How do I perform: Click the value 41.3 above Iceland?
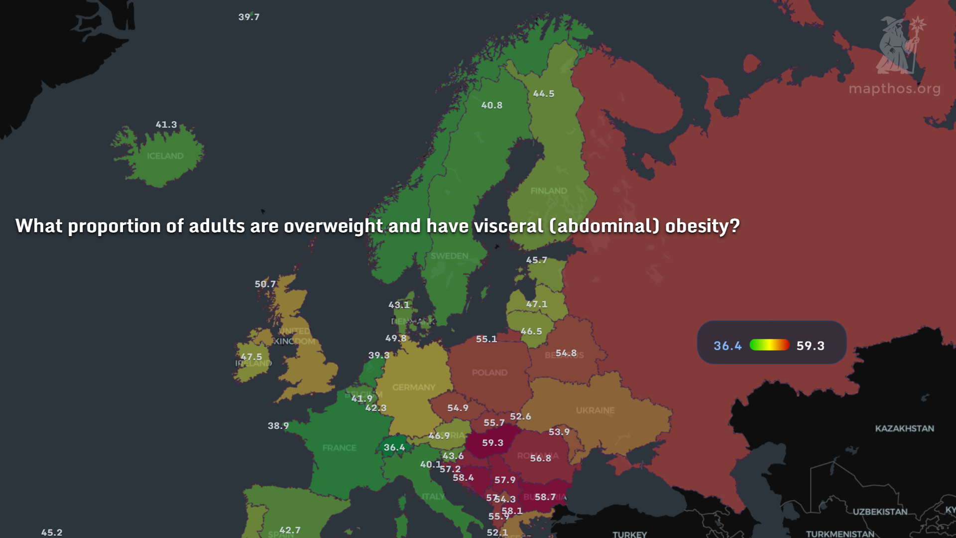(x=166, y=125)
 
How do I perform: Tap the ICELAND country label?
(x=165, y=156)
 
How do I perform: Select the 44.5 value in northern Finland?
(x=544, y=94)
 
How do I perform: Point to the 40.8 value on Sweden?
(x=492, y=105)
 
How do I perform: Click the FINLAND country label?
(x=549, y=191)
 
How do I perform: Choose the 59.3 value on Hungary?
(x=492, y=443)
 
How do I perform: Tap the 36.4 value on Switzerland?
(x=394, y=447)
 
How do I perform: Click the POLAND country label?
(x=489, y=373)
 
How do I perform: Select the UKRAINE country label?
(x=595, y=410)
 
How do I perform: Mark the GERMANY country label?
(x=413, y=388)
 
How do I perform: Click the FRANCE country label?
(x=339, y=448)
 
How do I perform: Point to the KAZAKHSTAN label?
(x=904, y=428)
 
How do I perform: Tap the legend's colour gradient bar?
(x=769, y=345)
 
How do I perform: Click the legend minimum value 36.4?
(x=727, y=346)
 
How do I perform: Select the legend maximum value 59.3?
(x=810, y=346)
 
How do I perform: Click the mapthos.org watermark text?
(x=894, y=89)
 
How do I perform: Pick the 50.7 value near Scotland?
(x=265, y=284)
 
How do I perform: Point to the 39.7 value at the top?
(x=249, y=17)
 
